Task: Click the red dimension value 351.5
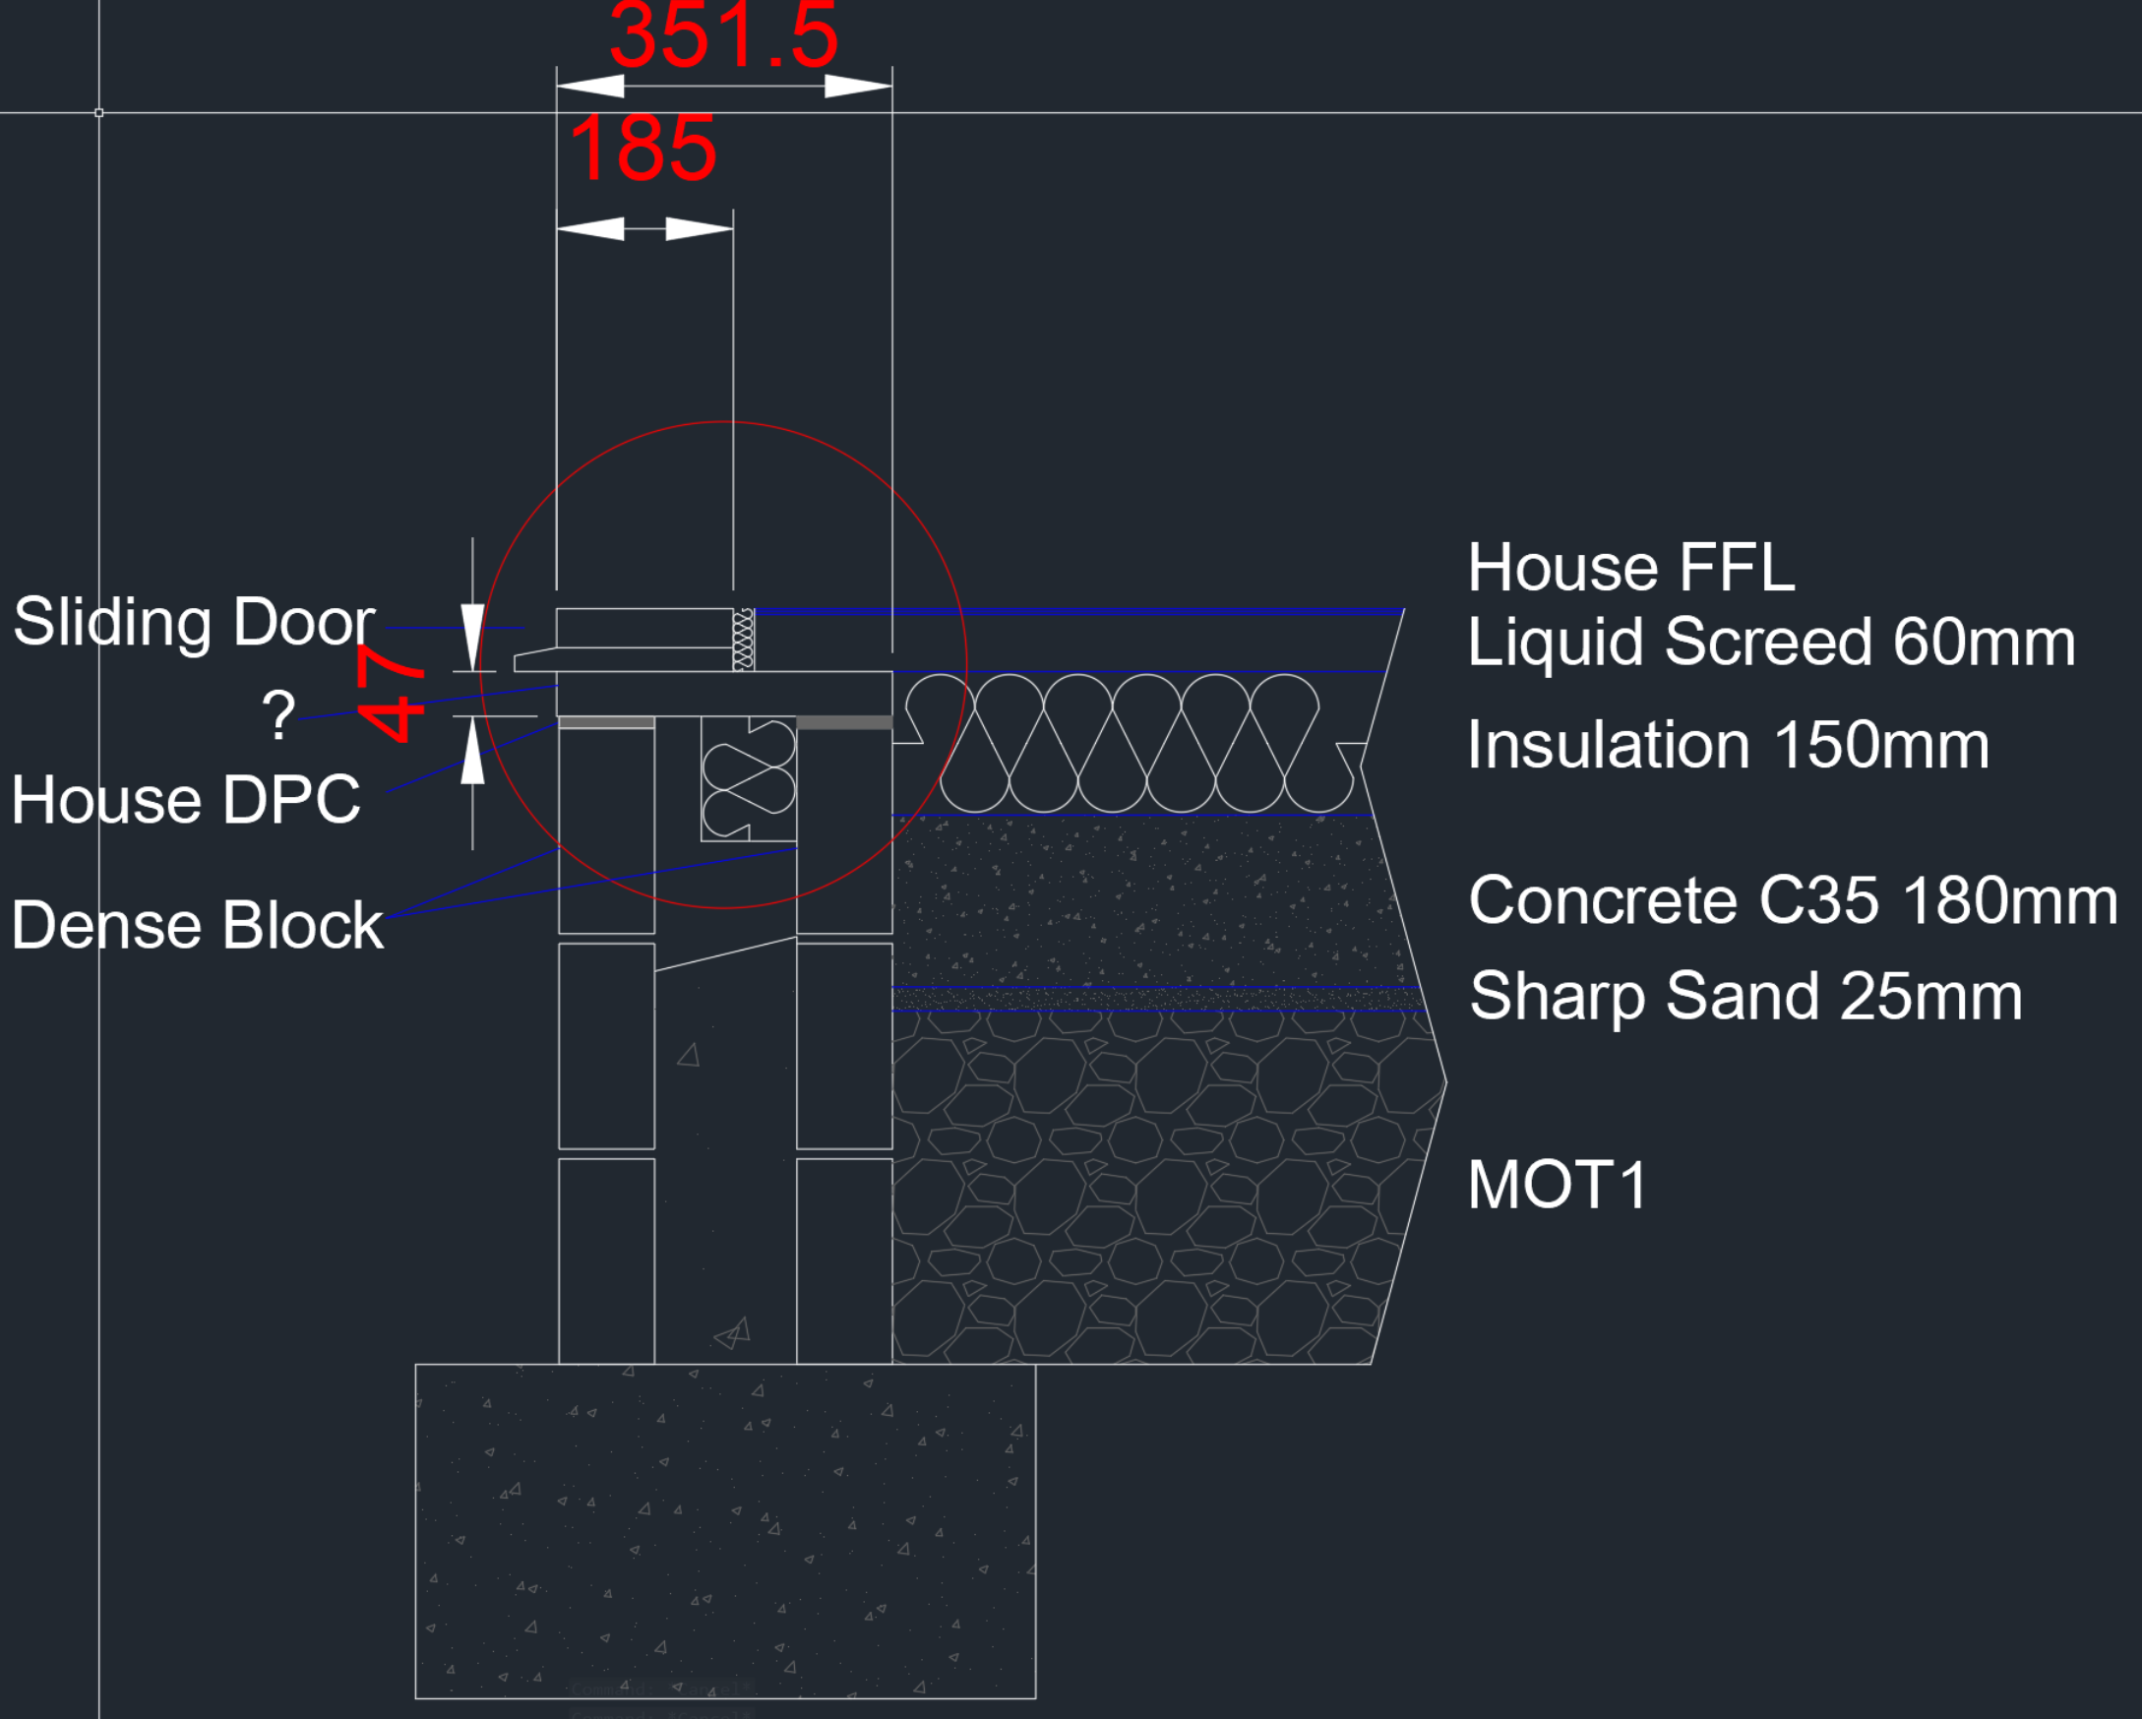point(724,35)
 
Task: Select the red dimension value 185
point(643,149)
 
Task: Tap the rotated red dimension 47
point(391,693)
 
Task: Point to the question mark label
point(278,714)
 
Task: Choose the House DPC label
point(186,800)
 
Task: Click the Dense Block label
point(198,925)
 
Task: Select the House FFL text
point(1631,568)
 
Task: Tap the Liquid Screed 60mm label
point(1771,642)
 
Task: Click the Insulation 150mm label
point(1729,745)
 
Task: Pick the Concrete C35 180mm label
point(1794,901)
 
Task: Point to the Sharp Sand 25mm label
point(1745,998)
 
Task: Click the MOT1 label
point(1557,1186)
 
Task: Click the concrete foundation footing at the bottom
point(725,1531)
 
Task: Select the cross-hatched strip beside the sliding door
point(743,640)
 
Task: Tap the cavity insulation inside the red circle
point(748,779)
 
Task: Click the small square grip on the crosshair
point(99,113)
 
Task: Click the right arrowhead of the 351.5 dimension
point(858,87)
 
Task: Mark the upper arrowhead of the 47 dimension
point(473,637)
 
